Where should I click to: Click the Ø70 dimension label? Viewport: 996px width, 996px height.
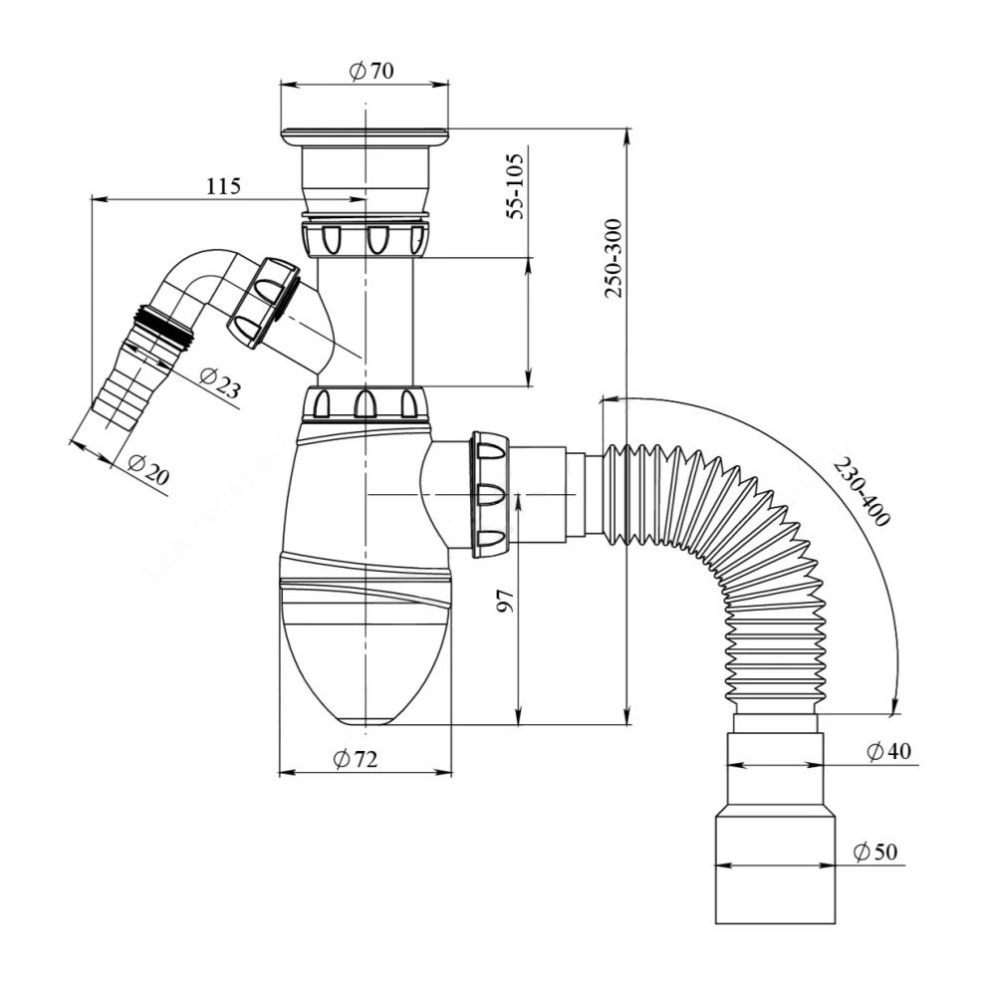pyautogui.click(x=372, y=71)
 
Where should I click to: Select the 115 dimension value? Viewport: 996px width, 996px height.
pyautogui.click(x=223, y=186)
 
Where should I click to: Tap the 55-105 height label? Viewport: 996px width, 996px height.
pyautogui.click(x=515, y=187)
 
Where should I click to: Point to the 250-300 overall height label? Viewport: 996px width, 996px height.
pyautogui.click(x=614, y=258)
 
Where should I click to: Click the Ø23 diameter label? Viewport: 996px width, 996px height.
pyautogui.click(x=219, y=383)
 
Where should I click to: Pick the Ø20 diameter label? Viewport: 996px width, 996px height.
pyautogui.click(x=148, y=469)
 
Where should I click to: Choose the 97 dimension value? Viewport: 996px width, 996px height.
pyautogui.click(x=505, y=601)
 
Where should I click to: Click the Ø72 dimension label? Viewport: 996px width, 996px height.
pyautogui.click(x=356, y=758)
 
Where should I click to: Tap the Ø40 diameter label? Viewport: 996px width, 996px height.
pyautogui.click(x=888, y=751)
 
